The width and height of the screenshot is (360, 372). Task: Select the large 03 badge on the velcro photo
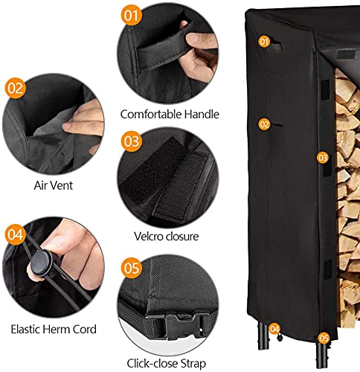coord(132,141)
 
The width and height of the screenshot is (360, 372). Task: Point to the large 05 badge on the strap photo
coord(132,267)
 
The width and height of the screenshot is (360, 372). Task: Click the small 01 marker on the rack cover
coord(264,42)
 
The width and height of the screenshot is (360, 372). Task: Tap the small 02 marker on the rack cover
coord(264,124)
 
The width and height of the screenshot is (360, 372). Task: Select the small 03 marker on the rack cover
coord(322,158)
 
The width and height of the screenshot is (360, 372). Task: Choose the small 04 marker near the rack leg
coord(274,328)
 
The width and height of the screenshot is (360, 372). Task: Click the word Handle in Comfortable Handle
coord(201,115)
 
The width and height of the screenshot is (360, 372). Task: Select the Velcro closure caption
coord(170,237)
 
